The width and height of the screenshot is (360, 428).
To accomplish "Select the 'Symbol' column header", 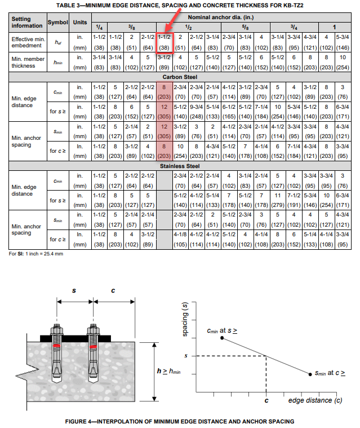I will [57, 22].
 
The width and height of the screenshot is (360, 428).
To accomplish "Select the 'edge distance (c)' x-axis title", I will [315, 400].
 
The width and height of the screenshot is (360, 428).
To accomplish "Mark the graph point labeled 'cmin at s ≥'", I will [223, 338].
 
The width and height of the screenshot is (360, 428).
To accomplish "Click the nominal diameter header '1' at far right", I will [335, 27].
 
